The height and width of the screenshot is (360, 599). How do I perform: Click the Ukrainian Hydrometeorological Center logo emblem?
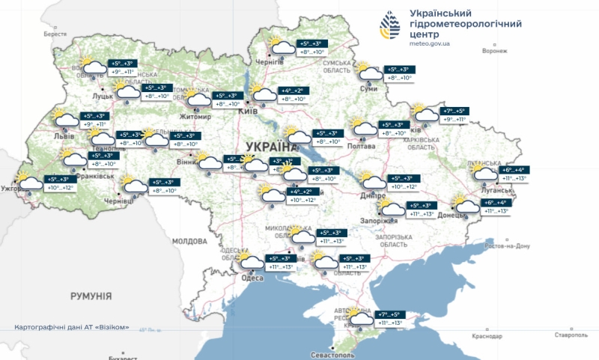click(392, 28)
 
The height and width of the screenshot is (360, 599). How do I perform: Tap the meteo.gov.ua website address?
click(430, 44)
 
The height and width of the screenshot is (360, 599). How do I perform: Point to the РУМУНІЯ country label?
click(91, 296)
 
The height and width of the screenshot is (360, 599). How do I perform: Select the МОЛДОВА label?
click(189, 242)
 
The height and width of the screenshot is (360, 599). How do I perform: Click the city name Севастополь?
click(336, 353)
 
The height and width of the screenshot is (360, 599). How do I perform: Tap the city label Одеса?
click(253, 278)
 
